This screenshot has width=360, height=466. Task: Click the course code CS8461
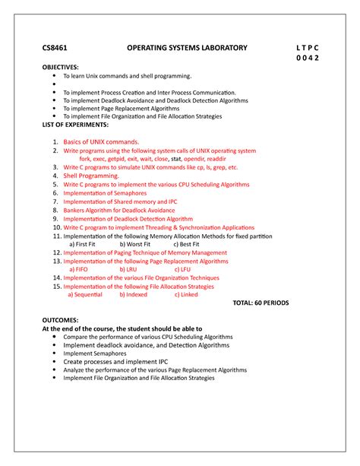click(x=55, y=48)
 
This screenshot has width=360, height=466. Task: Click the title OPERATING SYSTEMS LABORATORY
click(x=187, y=48)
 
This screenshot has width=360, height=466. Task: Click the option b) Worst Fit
click(x=139, y=244)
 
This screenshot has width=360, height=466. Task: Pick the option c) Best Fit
click(x=187, y=244)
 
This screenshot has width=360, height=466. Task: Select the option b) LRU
click(x=128, y=269)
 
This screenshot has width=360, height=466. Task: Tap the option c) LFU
click(x=182, y=269)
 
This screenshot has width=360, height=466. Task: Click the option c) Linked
click(x=185, y=294)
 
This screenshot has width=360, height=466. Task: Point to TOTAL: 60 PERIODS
click(x=271, y=303)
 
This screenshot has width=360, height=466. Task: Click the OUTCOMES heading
click(x=64, y=320)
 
